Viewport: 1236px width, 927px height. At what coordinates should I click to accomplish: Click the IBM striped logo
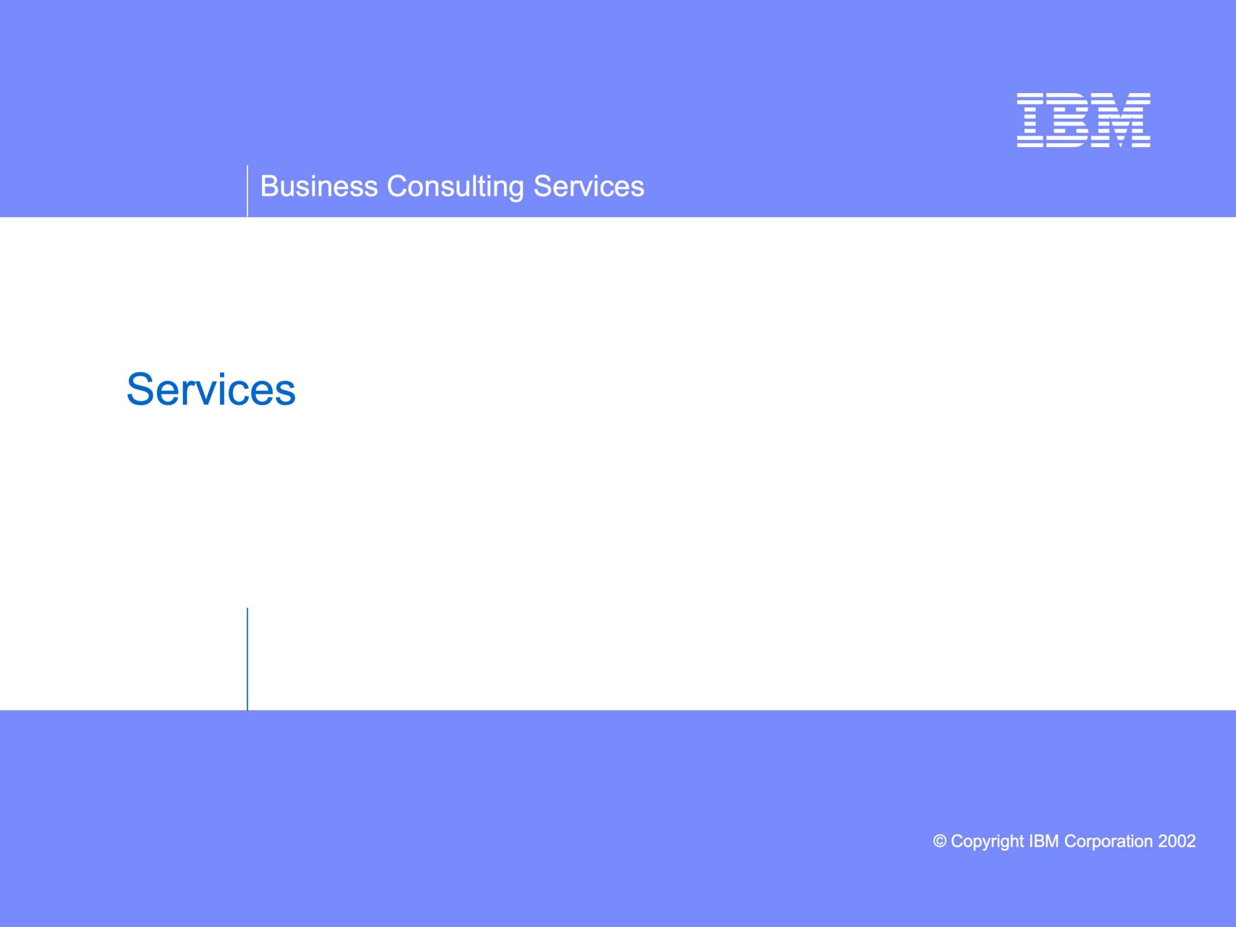(x=1083, y=120)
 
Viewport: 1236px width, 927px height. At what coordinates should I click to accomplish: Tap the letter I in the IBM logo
(x=1030, y=120)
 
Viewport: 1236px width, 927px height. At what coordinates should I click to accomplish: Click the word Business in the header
(x=319, y=186)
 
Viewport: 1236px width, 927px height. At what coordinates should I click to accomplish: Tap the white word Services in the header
(x=589, y=186)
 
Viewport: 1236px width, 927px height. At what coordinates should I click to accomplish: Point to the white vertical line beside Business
(x=247, y=191)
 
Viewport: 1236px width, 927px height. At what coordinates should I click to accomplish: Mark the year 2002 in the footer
(x=1177, y=841)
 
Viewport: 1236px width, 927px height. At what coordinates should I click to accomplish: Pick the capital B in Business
(x=270, y=186)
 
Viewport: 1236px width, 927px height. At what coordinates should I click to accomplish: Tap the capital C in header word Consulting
(x=398, y=186)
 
